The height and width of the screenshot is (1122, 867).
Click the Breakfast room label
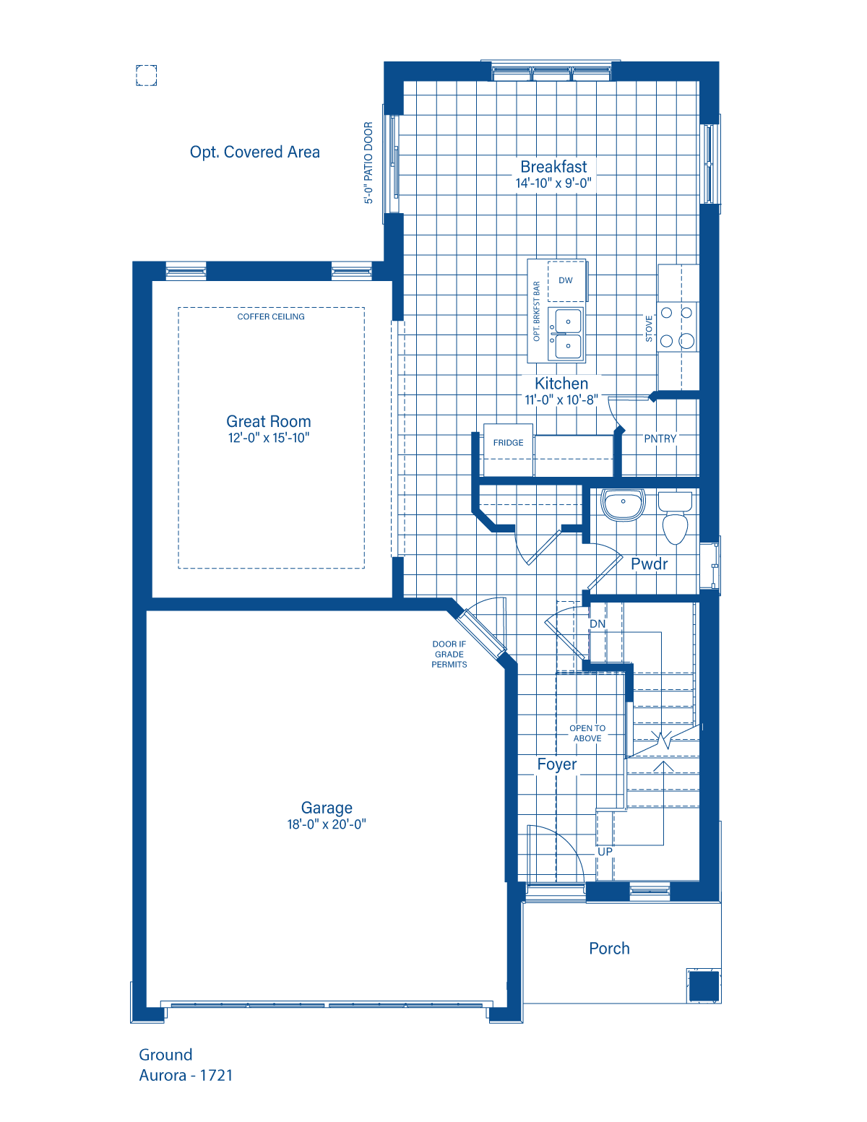point(553,166)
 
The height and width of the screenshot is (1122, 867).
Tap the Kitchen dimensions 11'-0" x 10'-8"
point(561,400)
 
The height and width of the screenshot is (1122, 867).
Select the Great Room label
point(269,421)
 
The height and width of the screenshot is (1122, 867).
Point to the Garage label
point(327,808)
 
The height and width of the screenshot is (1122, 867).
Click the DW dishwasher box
point(566,280)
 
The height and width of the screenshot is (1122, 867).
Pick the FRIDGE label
point(508,443)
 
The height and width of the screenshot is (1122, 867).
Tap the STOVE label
point(649,329)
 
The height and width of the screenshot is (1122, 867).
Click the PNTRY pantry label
point(660,439)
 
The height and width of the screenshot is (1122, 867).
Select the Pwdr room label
point(650,564)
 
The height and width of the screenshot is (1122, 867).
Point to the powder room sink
point(623,504)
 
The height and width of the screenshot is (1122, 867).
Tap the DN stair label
point(598,623)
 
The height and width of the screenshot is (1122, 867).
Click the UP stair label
point(605,852)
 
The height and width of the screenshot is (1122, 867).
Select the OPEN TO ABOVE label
point(587,733)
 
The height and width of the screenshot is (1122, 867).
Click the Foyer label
point(557,764)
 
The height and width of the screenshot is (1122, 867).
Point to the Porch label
point(609,949)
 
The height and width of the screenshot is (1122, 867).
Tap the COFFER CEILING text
point(271,317)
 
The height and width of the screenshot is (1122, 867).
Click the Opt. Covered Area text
point(254,152)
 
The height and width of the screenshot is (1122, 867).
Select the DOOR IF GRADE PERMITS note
point(449,654)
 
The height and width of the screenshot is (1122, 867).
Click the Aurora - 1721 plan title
point(186,1075)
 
